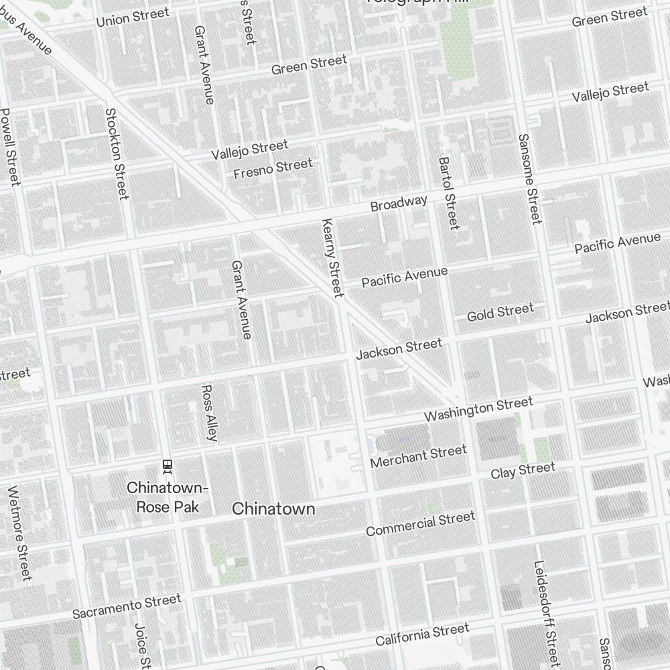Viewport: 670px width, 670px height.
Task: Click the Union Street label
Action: point(133,17)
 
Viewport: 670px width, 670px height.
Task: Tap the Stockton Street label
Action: point(117,153)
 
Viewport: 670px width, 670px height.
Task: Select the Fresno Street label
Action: point(273,168)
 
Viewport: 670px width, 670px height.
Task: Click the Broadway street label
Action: point(399,204)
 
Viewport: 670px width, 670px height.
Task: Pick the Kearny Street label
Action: point(332,258)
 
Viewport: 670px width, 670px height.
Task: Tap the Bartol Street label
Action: point(448,193)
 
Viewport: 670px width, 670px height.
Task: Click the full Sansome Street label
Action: point(529,178)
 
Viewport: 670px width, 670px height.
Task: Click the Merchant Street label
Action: point(418,457)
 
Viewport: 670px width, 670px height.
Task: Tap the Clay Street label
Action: point(523,470)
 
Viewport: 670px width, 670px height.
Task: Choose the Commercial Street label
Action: point(420,524)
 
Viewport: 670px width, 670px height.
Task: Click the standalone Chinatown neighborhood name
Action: point(273,509)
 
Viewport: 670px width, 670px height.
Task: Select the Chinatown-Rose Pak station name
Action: point(167,496)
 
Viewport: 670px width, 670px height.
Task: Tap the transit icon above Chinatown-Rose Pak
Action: point(167,465)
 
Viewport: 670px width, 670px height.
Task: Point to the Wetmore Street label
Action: point(19,533)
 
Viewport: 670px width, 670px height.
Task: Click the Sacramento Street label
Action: point(127,606)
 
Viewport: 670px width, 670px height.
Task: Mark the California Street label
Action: point(422,634)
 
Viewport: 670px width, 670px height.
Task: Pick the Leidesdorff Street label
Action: point(545,613)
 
